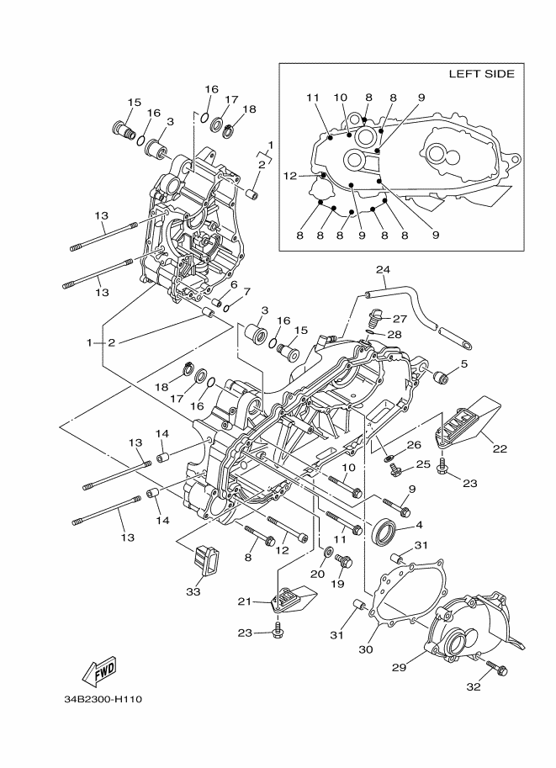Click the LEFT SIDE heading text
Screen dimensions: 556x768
481,74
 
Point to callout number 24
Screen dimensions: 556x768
383,269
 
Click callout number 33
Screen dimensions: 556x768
193,591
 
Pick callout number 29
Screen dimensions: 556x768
399,667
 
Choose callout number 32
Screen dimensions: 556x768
474,686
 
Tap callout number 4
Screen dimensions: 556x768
419,525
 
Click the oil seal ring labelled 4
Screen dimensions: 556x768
385,533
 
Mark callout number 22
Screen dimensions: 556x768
500,448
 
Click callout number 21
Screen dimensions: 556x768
244,601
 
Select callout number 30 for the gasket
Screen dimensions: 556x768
365,649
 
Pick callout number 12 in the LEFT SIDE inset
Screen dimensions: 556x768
290,175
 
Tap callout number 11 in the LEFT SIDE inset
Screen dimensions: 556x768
313,98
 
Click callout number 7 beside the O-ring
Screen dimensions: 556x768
246,292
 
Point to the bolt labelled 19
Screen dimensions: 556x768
344,561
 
